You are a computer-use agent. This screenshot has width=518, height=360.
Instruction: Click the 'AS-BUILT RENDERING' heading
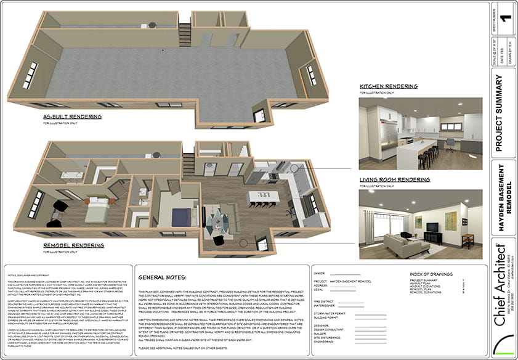tap(73, 116)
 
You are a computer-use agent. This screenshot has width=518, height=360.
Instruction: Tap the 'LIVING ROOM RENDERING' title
tap(394, 180)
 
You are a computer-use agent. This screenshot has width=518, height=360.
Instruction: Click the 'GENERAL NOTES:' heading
tap(163, 277)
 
